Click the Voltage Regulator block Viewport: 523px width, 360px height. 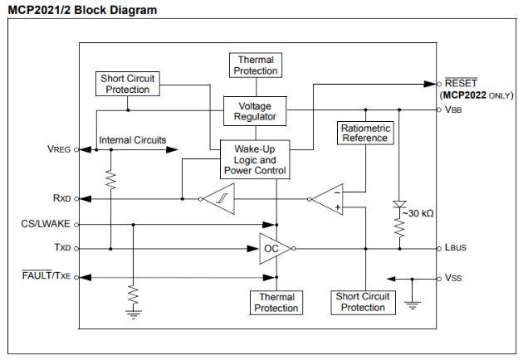pyautogui.click(x=255, y=112)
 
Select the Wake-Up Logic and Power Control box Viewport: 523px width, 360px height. pyautogui.click(x=255, y=159)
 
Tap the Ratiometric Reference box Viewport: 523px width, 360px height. pyautogui.click(x=365, y=133)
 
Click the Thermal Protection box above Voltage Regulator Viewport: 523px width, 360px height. pyautogui.click(x=256, y=65)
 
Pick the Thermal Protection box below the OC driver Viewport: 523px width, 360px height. pyautogui.click(x=276, y=302)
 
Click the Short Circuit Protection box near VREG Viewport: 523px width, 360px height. pyautogui.click(x=127, y=84)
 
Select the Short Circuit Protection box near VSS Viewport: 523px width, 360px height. pyautogui.click(x=363, y=302)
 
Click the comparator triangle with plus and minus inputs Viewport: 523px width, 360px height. pyautogui.click(x=328, y=199)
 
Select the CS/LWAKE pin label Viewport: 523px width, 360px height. pyautogui.click(x=46, y=224)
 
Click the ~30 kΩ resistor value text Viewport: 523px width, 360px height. pyautogui.click(x=417, y=213)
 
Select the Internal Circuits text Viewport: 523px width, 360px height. pyautogui.click(x=132, y=140)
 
